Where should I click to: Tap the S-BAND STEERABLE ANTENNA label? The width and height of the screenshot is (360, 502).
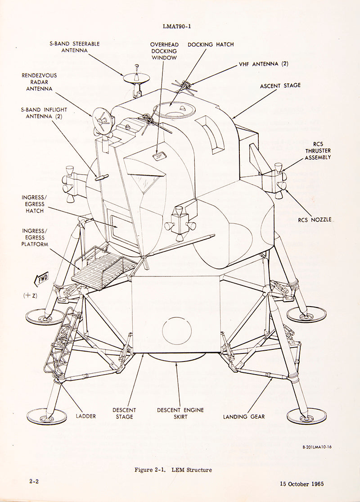coord(75,47)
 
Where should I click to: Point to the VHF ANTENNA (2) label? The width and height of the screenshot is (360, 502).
coord(264,64)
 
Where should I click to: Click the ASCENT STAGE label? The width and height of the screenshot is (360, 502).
coord(280,85)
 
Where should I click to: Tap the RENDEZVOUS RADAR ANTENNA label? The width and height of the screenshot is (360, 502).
coord(39,82)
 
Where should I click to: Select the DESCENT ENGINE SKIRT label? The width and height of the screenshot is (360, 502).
coord(180,413)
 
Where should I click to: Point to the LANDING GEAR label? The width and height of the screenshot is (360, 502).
coord(244,416)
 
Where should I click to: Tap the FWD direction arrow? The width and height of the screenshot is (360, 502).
coord(41,280)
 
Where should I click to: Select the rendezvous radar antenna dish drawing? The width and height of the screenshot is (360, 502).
coord(100,118)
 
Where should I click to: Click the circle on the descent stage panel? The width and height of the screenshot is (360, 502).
coord(177,331)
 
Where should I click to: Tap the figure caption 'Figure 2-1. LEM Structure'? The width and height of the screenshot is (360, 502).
coord(173,470)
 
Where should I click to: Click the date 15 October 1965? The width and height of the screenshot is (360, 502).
coord(301,484)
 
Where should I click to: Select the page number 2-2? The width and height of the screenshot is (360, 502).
coord(34,481)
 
